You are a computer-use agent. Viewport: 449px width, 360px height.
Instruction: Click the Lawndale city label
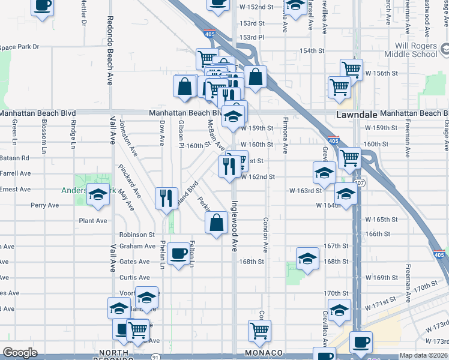click(354, 113)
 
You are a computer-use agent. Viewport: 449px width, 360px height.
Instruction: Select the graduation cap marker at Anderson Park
click(97, 196)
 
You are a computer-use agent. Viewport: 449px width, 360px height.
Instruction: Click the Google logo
click(20, 353)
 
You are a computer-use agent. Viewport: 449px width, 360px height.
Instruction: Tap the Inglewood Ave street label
click(235, 225)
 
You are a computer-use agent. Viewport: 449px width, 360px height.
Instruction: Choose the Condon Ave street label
click(265, 234)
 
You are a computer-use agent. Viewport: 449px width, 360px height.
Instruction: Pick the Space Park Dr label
click(19, 47)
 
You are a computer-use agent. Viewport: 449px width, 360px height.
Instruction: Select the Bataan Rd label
click(15, 158)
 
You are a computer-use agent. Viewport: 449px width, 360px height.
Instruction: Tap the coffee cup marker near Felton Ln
click(178, 254)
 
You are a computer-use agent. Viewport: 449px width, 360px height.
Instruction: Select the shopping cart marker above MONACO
click(259, 329)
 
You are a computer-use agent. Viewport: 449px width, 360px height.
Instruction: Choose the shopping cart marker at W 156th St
click(351, 69)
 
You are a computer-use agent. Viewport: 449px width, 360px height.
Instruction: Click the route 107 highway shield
click(359, 182)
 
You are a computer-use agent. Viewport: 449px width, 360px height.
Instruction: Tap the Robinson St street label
click(137, 235)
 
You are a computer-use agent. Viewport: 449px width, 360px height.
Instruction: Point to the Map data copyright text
click(423, 355)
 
